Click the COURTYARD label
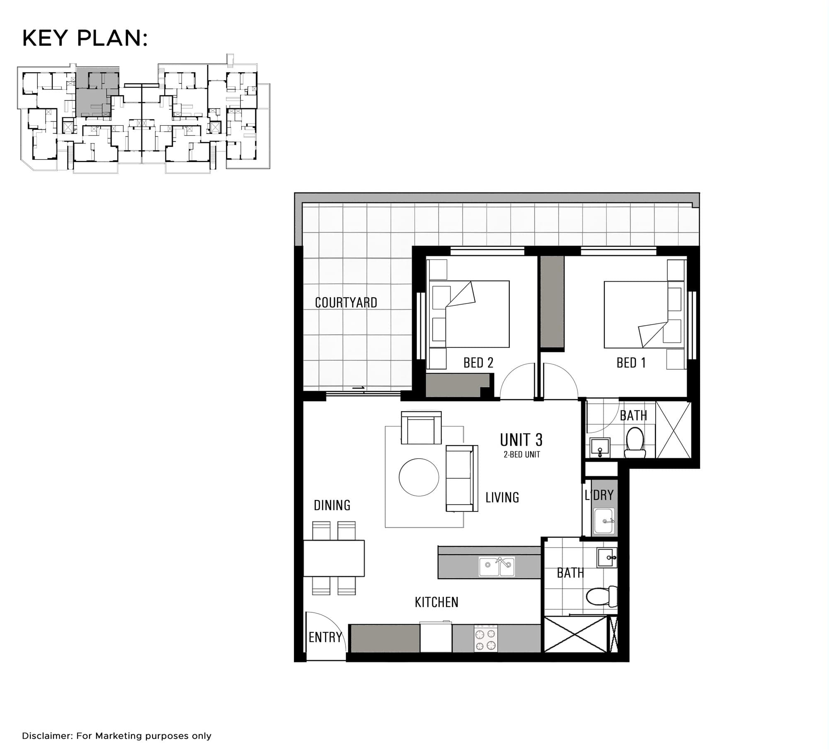[x=346, y=303]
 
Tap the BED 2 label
[x=478, y=363]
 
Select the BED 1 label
[x=631, y=363]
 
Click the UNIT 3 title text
[x=521, y=439]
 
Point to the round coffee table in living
[x=419, y=477]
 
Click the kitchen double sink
[x=497, y=567]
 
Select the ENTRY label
[x=325, y=637]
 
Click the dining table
[x=334, y=558]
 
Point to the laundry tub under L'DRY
[x=604, y=521]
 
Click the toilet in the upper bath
[x=635, y=442]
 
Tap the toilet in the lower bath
[x=601, y=597]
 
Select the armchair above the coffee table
[x=421, y=428]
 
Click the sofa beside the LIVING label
[x=462, y=478]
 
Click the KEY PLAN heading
[x=85, y=38]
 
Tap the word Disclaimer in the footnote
[x=47, y=736]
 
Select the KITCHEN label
[x=436, y=602]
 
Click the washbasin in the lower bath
[x=607, y=557]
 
